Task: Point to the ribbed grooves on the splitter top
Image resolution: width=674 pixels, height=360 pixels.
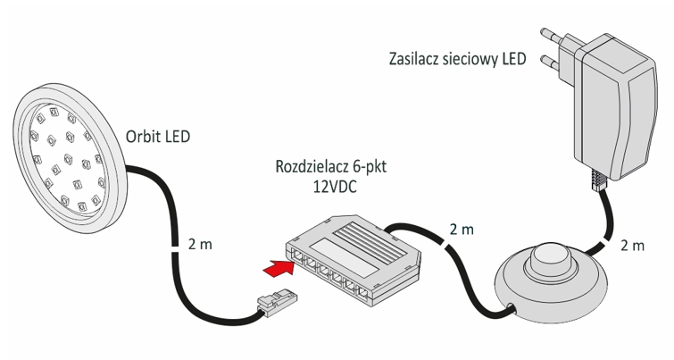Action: (x=367, y=233)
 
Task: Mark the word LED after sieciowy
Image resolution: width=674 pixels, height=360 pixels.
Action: (x=513, y=60)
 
